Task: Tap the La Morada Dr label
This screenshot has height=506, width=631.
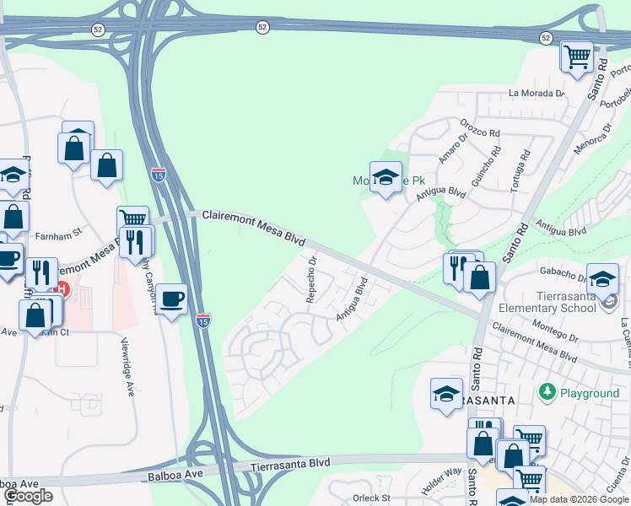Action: point(536,94)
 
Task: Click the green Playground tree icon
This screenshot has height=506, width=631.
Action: point(547,392)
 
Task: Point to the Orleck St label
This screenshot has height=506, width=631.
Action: point(372,498)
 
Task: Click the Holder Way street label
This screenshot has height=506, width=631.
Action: point(441,471)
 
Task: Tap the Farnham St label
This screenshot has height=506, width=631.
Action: point(57,238)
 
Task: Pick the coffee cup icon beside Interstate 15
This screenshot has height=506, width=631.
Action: point(171,299)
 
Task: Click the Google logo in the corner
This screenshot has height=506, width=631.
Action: point(28,496)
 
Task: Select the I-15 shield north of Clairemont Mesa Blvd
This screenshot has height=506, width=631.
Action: point(159,175)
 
